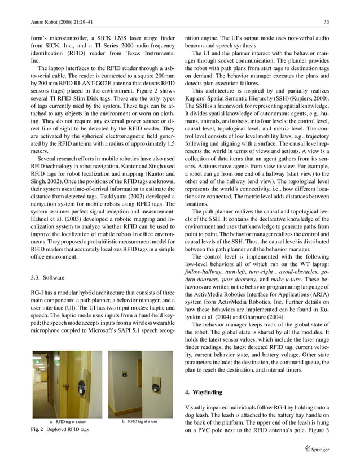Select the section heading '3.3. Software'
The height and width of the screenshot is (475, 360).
click(48, 277)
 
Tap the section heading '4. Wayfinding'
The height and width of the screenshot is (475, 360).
click(204, 392)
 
